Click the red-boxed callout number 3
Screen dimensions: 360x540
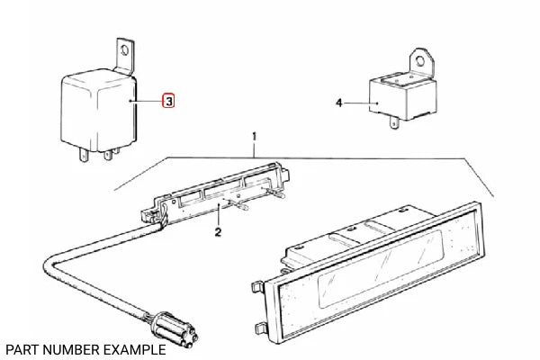pos(168,102)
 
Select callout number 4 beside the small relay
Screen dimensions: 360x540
pos(339,103)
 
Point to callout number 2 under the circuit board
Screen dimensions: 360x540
pos(217,233)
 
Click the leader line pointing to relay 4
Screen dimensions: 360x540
pos(360,103)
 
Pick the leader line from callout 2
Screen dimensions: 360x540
pos(219,216)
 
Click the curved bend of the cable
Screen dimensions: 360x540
pos(54,265)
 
